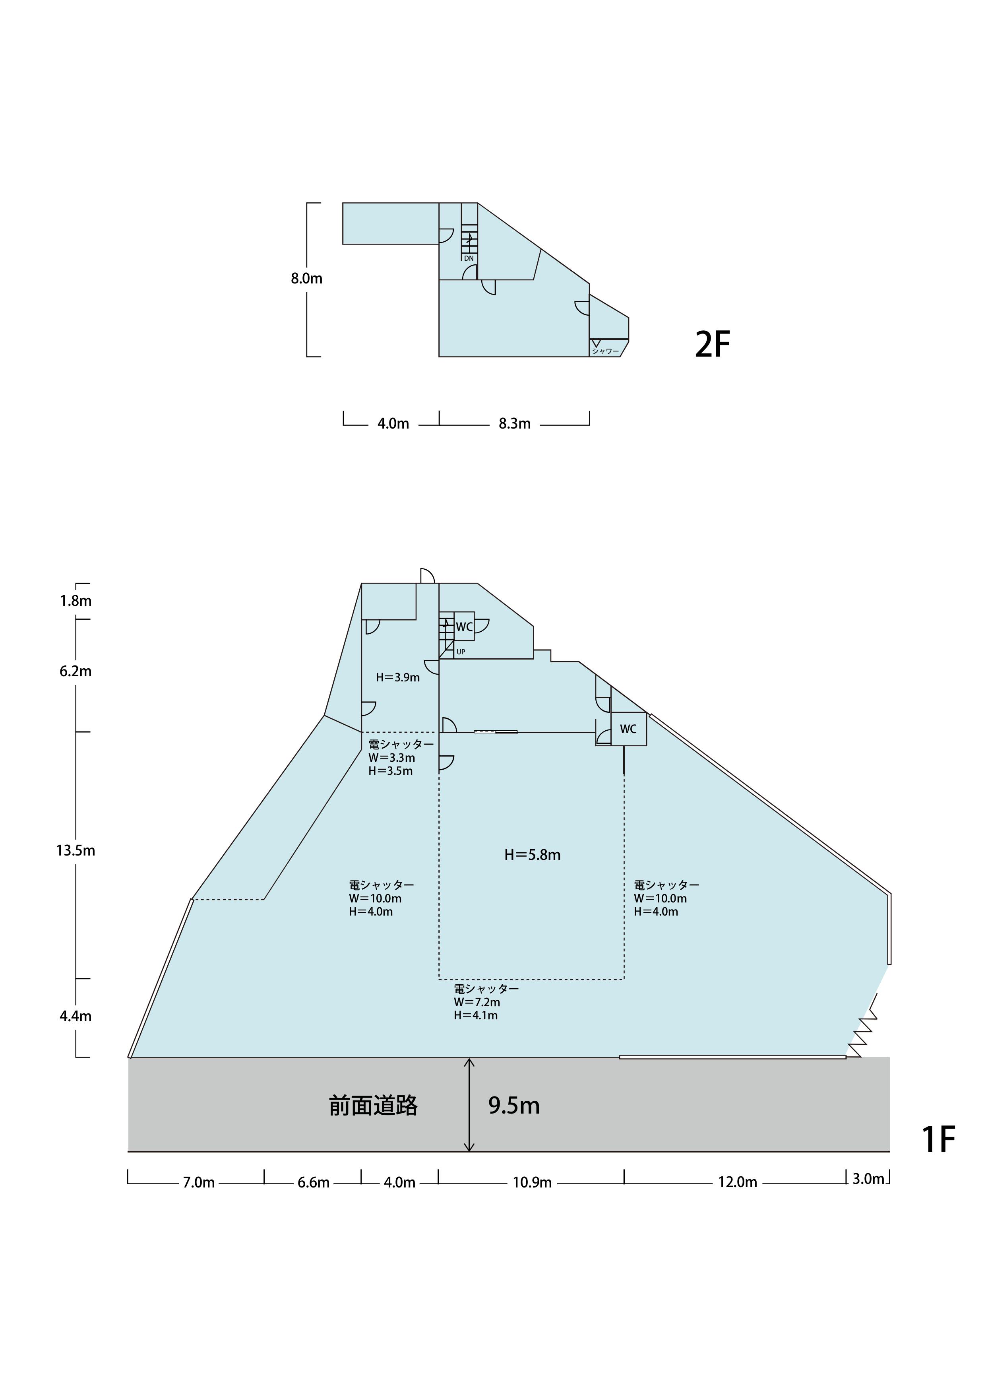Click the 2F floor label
[712, 344]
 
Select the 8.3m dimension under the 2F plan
[515, 423]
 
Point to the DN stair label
[469, 258]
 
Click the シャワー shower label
[606, 351]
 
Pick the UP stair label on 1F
[461, 652]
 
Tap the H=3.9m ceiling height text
[398, 677]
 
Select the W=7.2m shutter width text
[477, 1002]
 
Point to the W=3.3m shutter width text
[392, 758]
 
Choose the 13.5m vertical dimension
[76, 851]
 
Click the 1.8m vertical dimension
[76, 601]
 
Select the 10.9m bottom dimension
[532, 1182]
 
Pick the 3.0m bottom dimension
[868, 1179]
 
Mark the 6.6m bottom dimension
[314, 1182]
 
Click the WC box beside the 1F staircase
[464, 627]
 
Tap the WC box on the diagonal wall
[629, 728]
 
